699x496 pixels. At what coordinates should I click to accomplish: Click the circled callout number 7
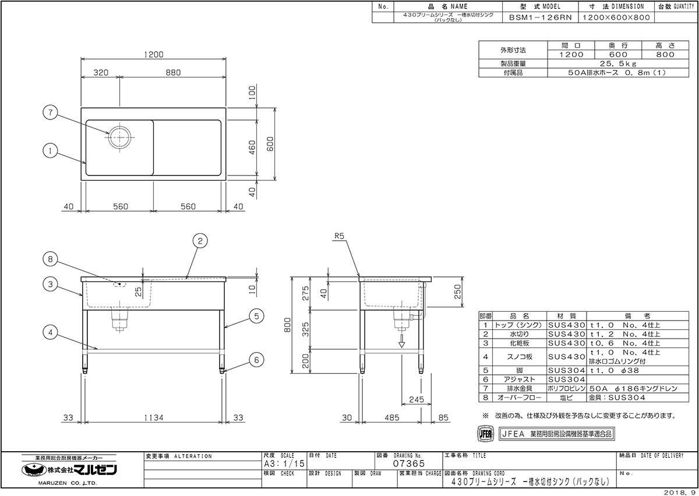click(x=51, y=112)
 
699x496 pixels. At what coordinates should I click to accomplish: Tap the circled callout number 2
click(x=200, y=241)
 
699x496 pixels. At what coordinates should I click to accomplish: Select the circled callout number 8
click(x=50, y=259)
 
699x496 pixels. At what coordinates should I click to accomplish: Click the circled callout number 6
click(x=256, y=360)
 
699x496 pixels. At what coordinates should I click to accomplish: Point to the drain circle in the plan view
click(x=119, y=138)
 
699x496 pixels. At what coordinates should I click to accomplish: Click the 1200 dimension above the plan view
click(x=154, y=55)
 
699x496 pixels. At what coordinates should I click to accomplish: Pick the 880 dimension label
click(x=173, y=72)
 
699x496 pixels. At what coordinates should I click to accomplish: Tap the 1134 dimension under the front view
click(x=154, y=418)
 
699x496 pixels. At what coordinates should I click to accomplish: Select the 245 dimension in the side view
click(x=416, y=400)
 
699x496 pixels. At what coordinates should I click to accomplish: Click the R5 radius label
click(x=339, y=236)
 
